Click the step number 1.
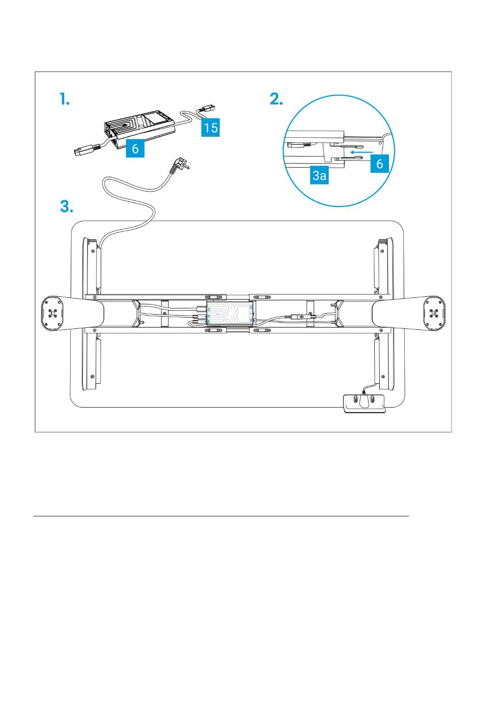tap(64, 100)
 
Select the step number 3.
tap(67, 207)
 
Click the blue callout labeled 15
tap(210, 127)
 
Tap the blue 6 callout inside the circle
tap(379, 164)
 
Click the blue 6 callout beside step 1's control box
tap(135, 148)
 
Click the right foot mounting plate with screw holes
tap(433, 313)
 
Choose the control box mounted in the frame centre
tap(230, 314)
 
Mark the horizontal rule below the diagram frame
tap(221, 516)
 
